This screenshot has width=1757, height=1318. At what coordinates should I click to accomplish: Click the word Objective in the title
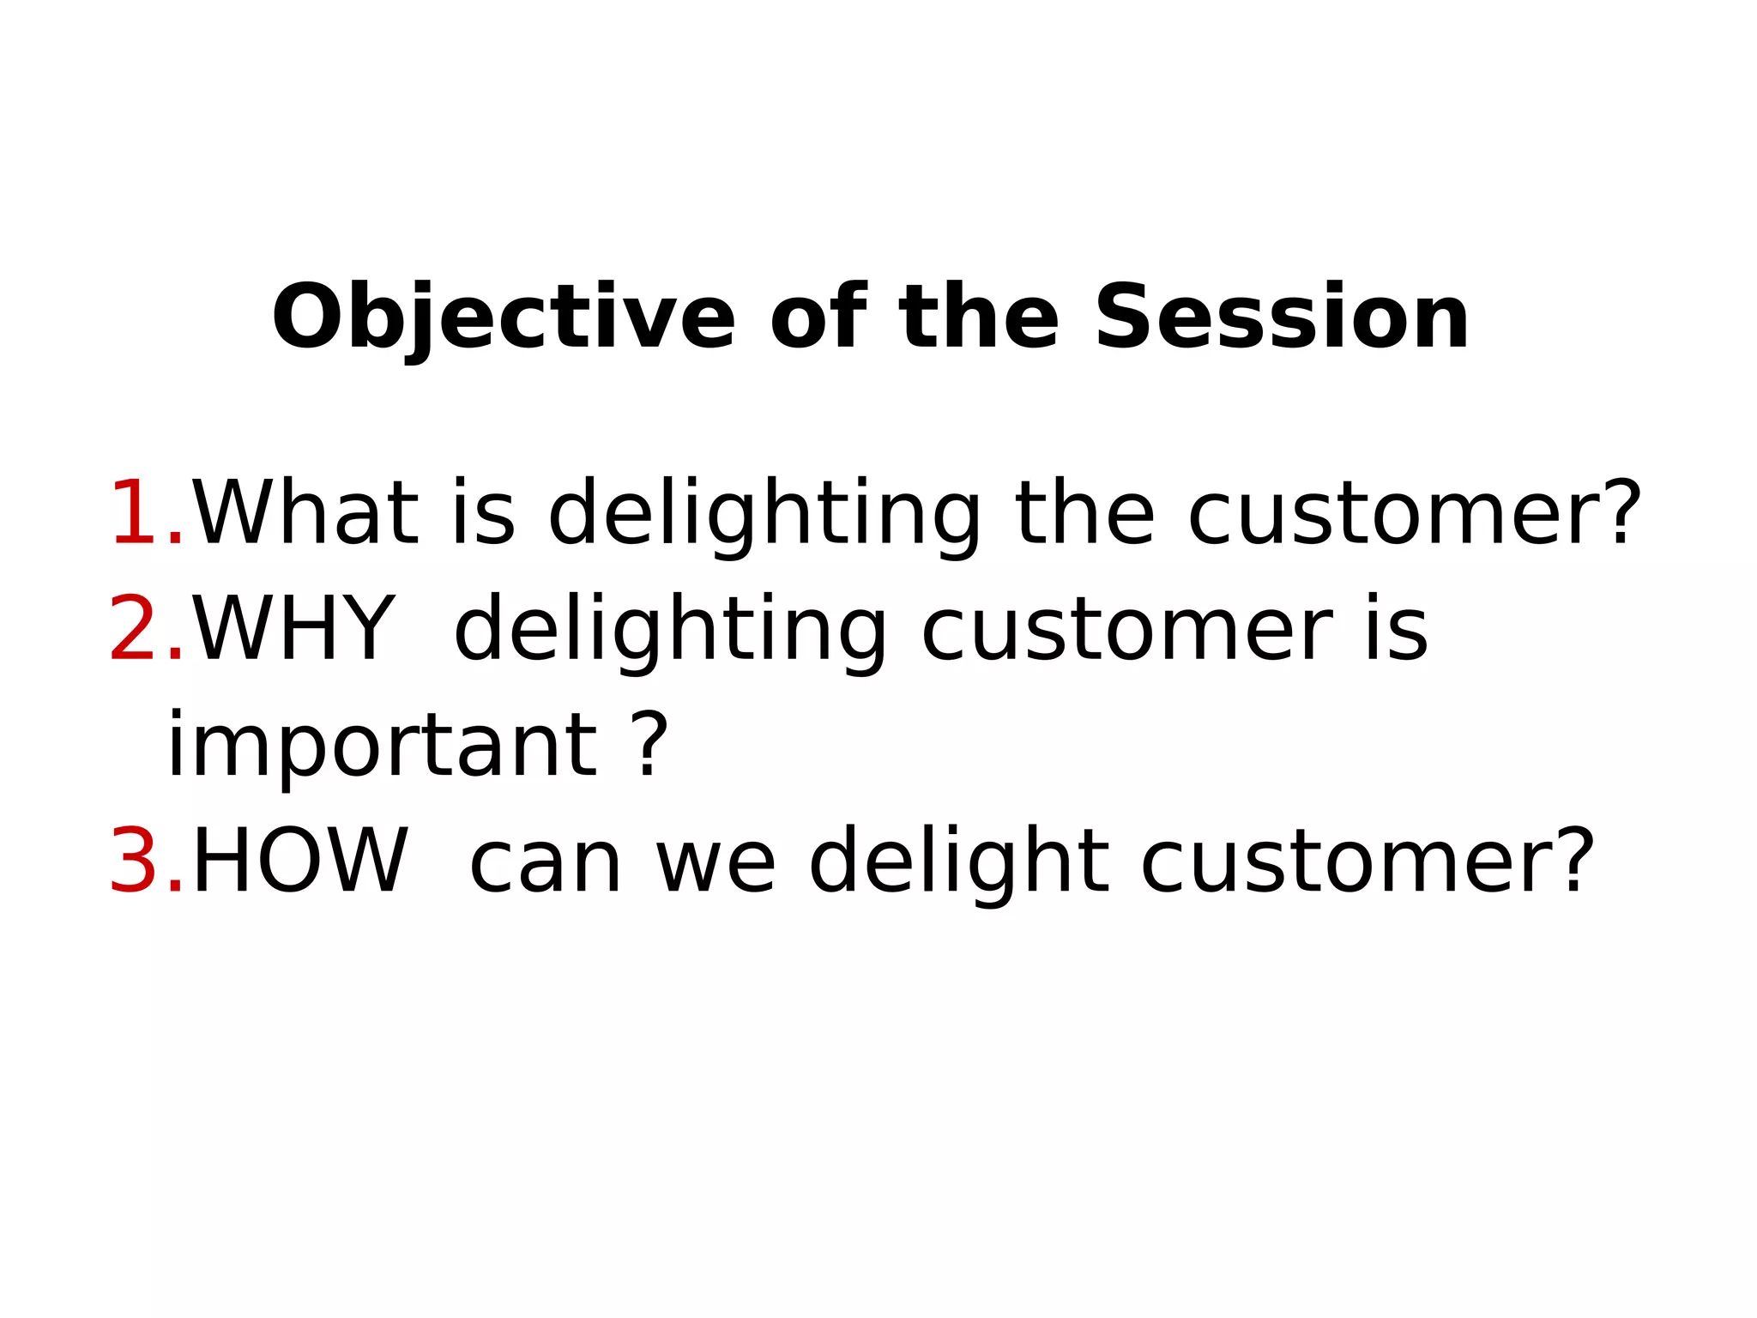tap(504, 317)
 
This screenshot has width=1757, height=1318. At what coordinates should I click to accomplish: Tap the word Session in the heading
tap(1282, 317)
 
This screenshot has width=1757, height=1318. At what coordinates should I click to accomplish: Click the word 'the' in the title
tap(979, 317)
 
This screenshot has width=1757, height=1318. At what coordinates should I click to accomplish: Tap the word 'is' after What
tap(484, 513)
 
